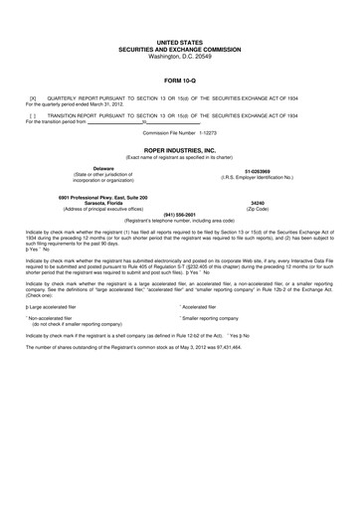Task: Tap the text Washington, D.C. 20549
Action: pyautogui.click(x=179, y=57)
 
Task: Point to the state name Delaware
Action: pyautogui.click(x=103, y=169)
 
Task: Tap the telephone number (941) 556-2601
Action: pyautogui.click(x=179, y=213)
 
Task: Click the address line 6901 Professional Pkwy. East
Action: pyautogui.click(x=103, y=197)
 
